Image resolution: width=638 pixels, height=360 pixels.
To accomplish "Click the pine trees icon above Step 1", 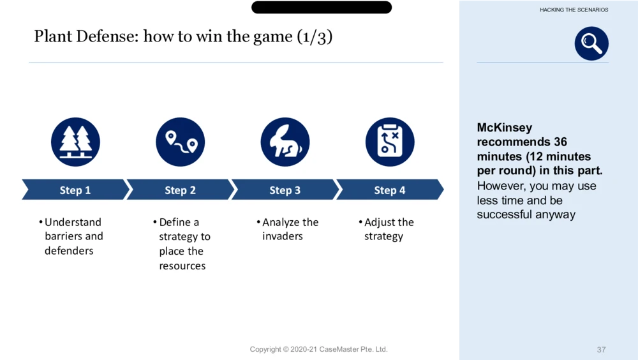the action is [x=75, y=142].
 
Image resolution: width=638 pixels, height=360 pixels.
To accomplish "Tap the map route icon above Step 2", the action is [x=181, y=142].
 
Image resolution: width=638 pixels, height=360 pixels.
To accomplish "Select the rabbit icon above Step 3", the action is [x=285, y=142].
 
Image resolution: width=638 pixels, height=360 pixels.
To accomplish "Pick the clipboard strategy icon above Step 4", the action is [x=390, y=142].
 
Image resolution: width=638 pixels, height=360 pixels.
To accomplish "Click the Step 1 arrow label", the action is [x=75, y=190].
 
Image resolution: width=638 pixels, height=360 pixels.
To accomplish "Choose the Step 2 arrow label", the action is [x=181, y=190].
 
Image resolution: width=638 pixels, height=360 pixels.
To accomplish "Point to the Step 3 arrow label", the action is [x=285, y=190].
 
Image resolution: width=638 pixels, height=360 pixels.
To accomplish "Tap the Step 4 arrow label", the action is [x=390, y=190].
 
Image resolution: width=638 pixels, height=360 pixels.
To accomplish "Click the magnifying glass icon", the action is [x=591, y=43].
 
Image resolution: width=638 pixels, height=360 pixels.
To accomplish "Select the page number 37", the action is [x=602, y=349].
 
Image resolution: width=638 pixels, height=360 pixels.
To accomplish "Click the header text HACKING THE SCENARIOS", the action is [x=574, y=10].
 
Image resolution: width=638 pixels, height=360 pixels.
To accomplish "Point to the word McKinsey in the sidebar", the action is [x=505, y=128].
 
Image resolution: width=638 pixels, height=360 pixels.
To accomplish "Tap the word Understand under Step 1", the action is [x=73, y=222].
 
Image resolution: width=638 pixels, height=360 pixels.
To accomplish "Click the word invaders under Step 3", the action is [x=283, y=236].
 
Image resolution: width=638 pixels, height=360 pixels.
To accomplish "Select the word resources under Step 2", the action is [x=182, y=266].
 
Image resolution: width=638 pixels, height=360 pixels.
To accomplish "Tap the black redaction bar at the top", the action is [x=322, y=7].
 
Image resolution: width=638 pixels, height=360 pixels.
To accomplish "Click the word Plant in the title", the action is [x=52, y=36].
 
